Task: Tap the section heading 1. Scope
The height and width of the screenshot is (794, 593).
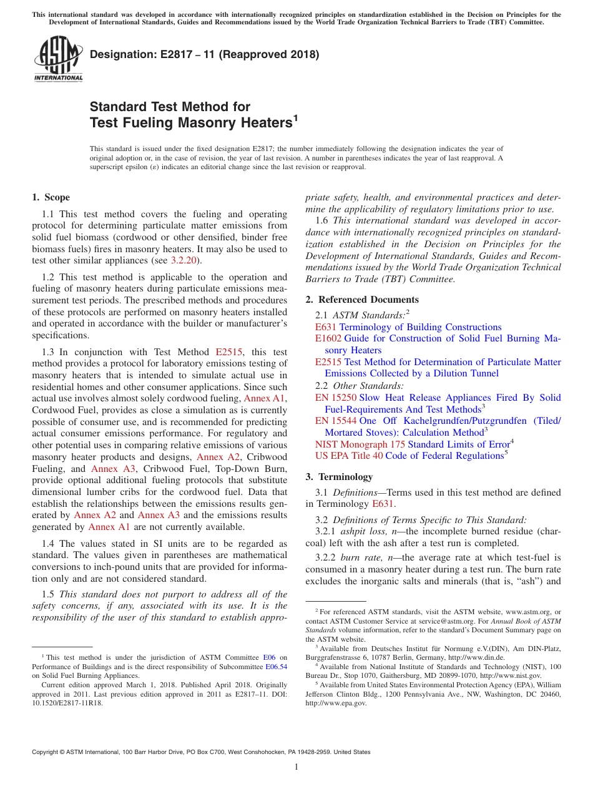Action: [51, 197]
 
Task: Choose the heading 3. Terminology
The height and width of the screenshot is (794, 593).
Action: [339, 477]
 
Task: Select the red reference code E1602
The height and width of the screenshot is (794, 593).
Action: [328, 338]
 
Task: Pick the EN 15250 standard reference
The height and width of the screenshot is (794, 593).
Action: [336, 398]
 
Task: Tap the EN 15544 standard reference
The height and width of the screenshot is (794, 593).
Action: [336, 421]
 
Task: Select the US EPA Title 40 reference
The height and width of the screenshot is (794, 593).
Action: [349, 456]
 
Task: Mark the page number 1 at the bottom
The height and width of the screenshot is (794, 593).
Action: [296, 767]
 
